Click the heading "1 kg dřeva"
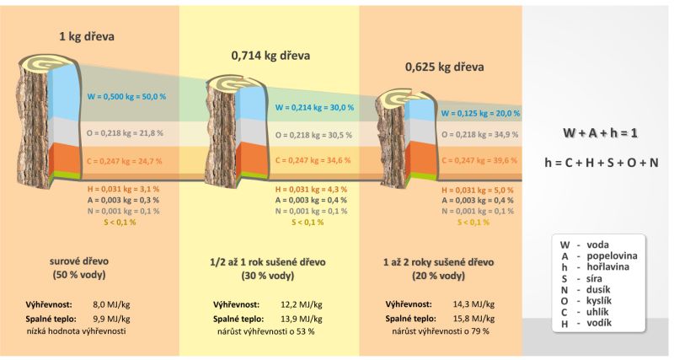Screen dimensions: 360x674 point(86,36)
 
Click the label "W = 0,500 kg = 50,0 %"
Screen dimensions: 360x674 point(127,97)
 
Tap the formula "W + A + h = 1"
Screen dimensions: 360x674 point(598,133)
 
